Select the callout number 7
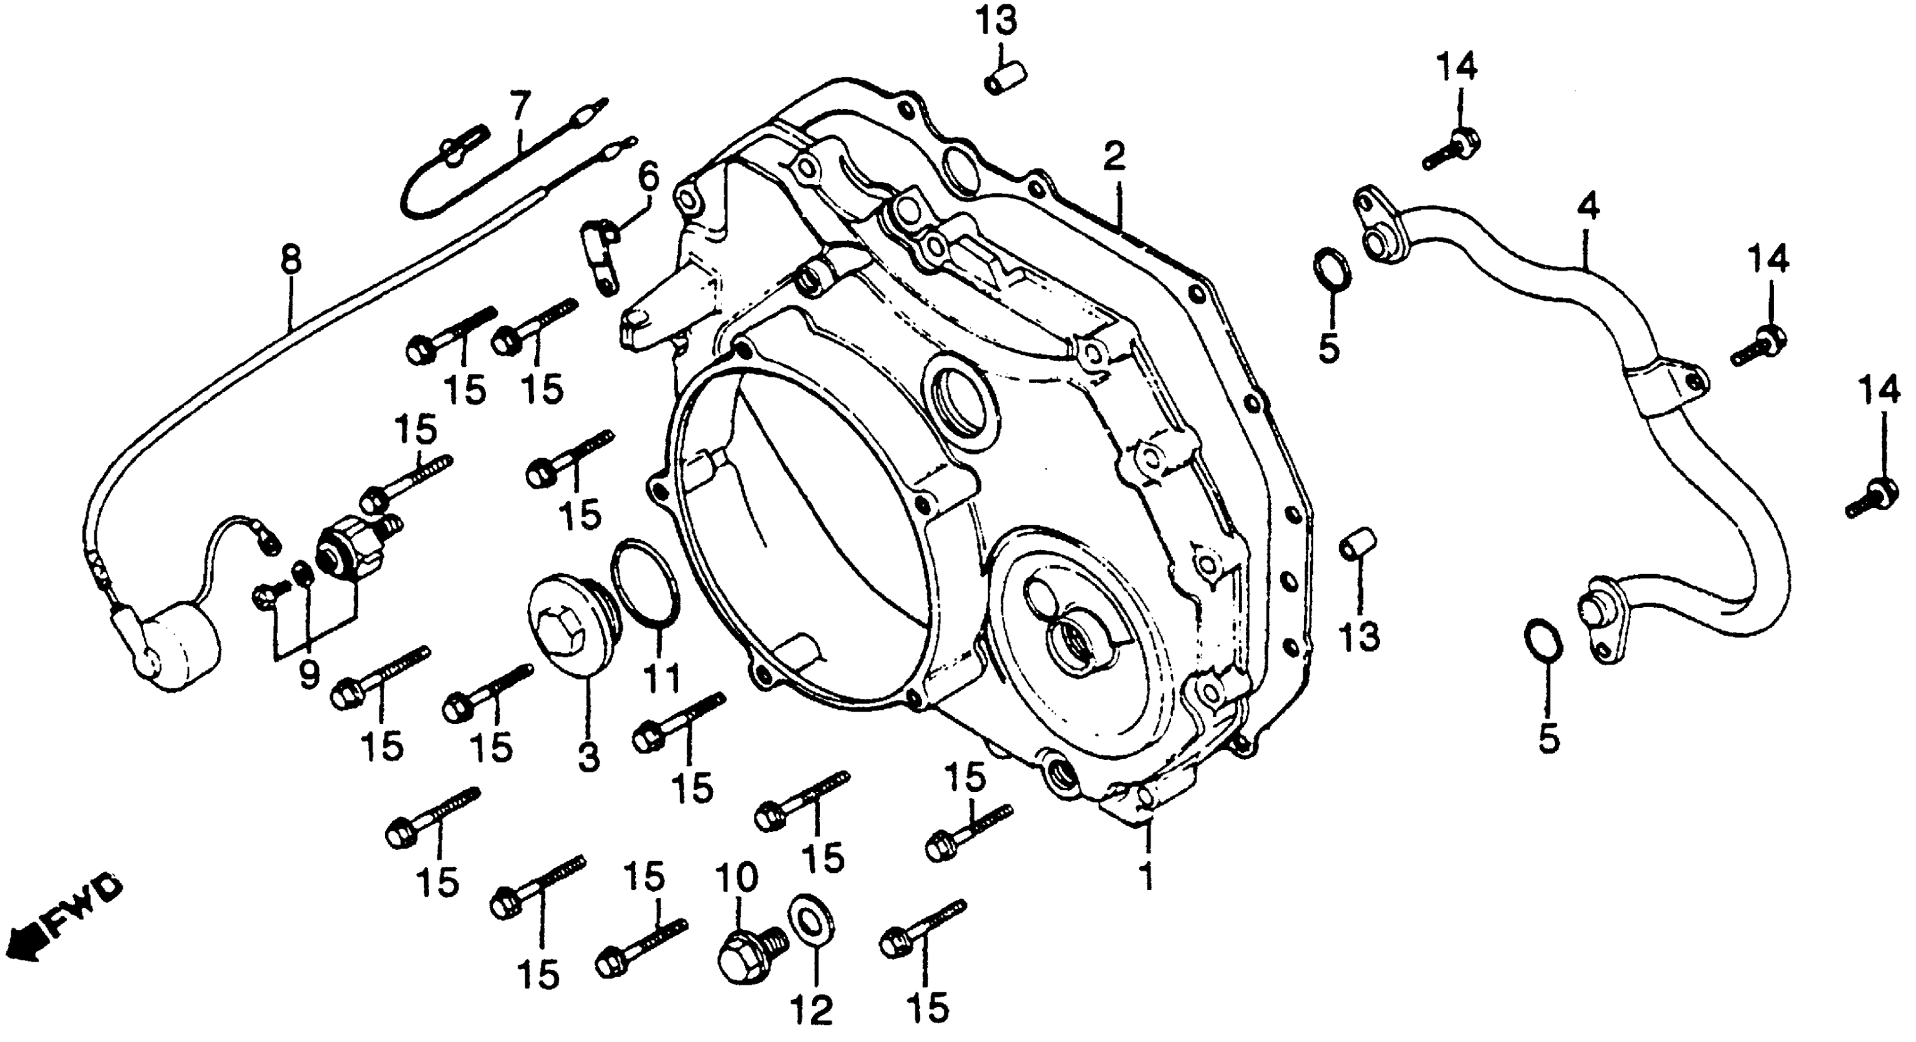tap(521, 104)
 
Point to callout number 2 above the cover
tap(1113, 157)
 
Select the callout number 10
tap(736, 879)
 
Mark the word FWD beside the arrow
tap(83, 905)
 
